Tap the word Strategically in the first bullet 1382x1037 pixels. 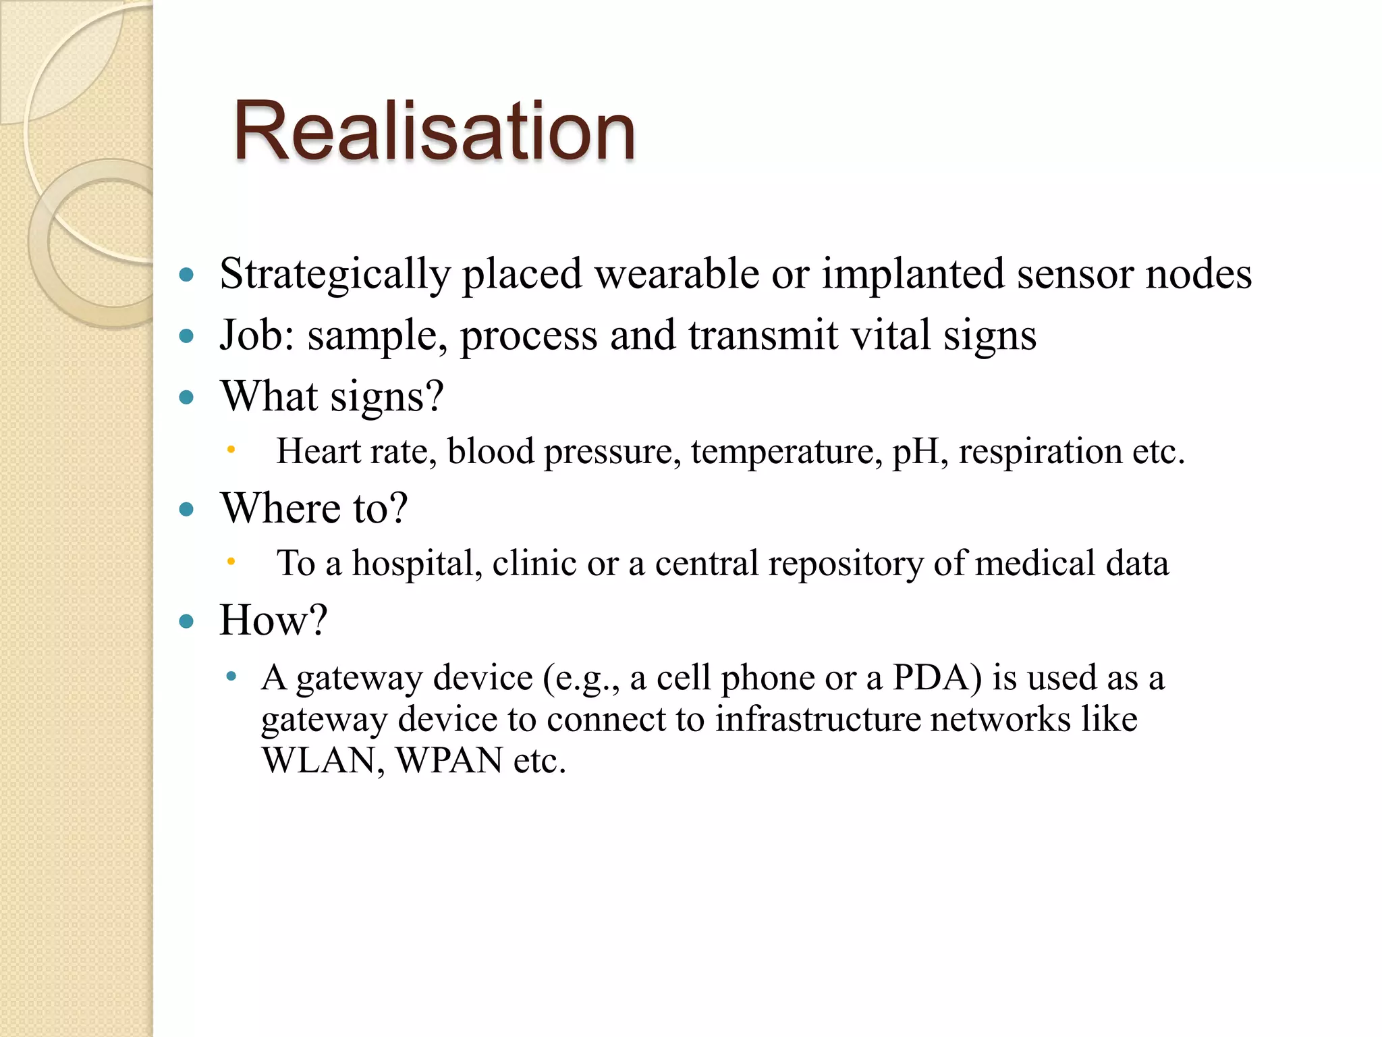click(335, 275)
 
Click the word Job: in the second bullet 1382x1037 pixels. click(257, 336)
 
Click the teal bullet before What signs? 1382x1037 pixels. click(187, 397)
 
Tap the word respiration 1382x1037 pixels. click(1040, 452)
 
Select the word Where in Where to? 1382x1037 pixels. click(283, 508)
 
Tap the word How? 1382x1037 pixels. click(273, 620)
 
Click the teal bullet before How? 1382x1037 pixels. click(187, 621)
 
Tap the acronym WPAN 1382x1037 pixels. click(449, 761)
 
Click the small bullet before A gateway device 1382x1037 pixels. click(231, 676)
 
